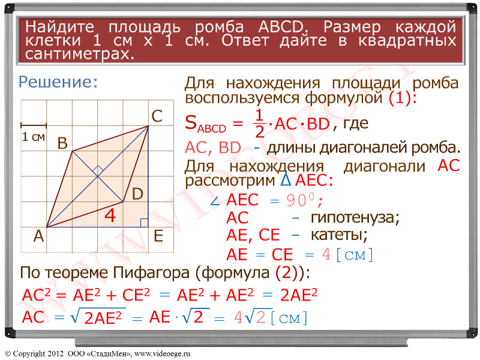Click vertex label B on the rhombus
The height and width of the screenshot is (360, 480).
[x=62, y=143]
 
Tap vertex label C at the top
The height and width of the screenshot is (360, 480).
[x=157, y=116]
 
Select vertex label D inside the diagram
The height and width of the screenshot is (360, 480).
[x=137, y=194]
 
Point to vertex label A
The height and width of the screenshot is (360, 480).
[x=38, y=236]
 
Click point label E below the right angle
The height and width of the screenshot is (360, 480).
[x=158, y=236]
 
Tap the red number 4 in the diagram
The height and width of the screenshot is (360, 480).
[x=110, y=215]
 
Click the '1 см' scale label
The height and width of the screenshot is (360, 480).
[x=34, y=137]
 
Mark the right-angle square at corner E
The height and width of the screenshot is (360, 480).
[x=144, y=223]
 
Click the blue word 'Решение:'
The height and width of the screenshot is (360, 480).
[x=58, y=82]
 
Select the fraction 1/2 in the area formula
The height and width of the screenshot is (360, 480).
[x=259, y=124]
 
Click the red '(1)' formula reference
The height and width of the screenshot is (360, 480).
[x=400, y=98]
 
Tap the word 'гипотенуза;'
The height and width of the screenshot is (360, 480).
[x=355, y=218]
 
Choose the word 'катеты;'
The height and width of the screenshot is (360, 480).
[x=339, y=235]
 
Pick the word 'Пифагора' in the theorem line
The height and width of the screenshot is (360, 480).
[x=151, y=272]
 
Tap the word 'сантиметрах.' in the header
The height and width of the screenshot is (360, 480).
[x=80, y=54]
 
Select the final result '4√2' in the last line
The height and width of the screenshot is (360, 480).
[x=250, y=317]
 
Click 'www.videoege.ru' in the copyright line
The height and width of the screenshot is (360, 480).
[x=162, y=353]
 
